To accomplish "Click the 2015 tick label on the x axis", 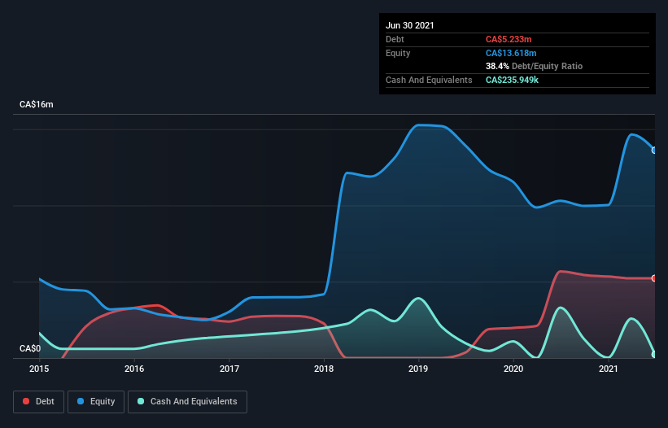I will [39, 369].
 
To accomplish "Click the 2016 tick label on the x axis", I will [134, 369].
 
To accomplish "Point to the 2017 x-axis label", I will [229, 369].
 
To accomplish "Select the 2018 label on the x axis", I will [324, 369].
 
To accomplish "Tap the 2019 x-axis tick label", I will [419, 369].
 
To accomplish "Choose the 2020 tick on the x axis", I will [513, 369].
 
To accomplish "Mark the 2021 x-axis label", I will [609, 369].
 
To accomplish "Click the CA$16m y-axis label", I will [37, 105].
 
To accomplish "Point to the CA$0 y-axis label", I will [30, 348].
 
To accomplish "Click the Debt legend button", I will [37, 401].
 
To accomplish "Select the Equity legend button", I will [96, 401].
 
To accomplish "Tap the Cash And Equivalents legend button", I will [187, 401].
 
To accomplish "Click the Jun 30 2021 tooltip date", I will [410, 25].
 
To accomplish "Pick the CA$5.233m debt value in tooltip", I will [509, 39].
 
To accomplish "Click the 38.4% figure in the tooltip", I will [497, 67].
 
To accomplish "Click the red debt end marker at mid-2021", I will [653, 278].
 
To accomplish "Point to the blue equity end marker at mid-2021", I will [653, 150].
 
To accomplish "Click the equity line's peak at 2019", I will [420, 124].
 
